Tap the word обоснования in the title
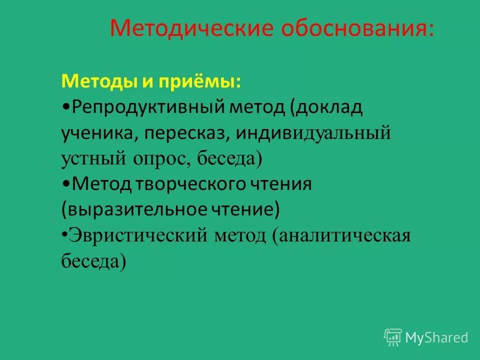pos(352,28)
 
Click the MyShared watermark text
pos(436,337)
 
